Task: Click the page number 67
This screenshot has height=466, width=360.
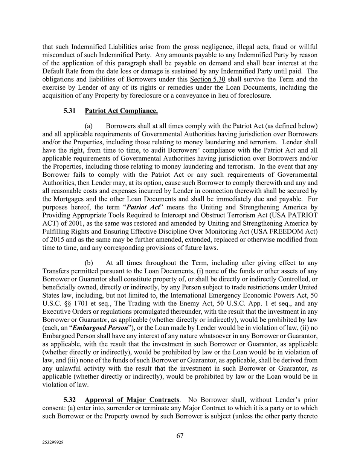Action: (180, 436)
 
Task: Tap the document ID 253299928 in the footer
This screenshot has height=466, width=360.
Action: (53, 443)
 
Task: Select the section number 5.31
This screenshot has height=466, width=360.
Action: (70, 111)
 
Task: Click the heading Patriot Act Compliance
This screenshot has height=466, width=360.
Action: (121, 111)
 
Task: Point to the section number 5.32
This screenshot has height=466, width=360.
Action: (70, 400)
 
